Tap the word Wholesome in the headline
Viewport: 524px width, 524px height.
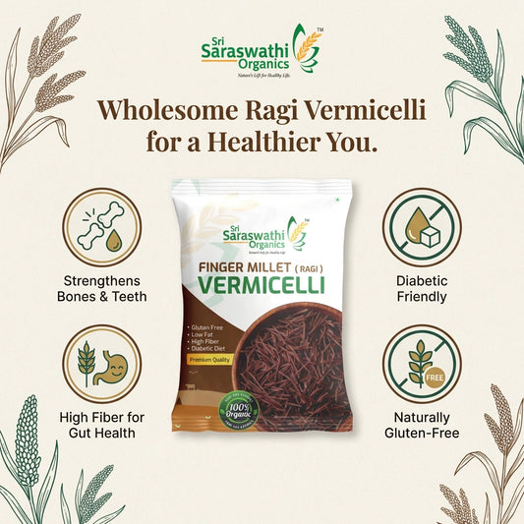point(166,110)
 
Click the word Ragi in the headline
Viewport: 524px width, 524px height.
point(282,110)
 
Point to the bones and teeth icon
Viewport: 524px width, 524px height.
point(102,227)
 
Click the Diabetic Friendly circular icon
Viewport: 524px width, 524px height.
point(422,227)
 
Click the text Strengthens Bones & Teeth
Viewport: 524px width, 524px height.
point(102,288)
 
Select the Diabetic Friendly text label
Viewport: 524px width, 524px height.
point(422,288)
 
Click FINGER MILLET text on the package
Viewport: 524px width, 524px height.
point(240,266)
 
